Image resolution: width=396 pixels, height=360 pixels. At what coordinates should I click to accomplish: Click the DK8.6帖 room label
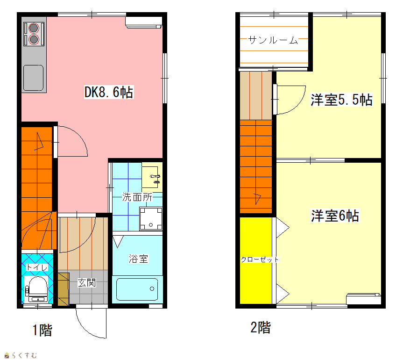(x=109, y=92)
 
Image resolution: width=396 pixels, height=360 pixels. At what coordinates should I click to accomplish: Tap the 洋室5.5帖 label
(x=341, y=100)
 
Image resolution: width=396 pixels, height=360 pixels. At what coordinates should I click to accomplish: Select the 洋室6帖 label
(x=335, y=216)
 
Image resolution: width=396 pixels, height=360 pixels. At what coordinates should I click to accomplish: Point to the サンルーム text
(x=273, y=40)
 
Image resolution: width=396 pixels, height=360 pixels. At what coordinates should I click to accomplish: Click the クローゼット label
(x=260, y=259)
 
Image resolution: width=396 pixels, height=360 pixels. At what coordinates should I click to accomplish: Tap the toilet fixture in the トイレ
(x=37, y=289)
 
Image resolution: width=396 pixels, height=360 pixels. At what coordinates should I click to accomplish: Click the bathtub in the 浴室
(x=137, y=289)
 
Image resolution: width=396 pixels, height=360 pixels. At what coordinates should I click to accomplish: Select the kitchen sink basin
(x=33, y=78)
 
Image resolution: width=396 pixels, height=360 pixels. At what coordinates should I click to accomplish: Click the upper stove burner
(x=34, y=28)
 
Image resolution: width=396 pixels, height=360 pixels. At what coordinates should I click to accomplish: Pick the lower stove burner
(x=34, y=39)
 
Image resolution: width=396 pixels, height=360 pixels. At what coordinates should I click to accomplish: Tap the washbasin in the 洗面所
(x=152, y=177)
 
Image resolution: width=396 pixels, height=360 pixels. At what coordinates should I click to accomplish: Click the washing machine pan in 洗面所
(x=151, y=219)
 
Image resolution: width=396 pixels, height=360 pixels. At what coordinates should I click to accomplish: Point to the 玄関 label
(x=87, y=282)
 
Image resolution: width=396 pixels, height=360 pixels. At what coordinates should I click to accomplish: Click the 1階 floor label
(x=42, y=330)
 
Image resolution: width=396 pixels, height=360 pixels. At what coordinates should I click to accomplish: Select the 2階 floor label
(x=261, y=327)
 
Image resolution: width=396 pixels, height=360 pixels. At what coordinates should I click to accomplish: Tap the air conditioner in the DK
(x=143, y=22)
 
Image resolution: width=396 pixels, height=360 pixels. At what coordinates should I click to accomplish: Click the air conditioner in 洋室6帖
(x=364, y=299)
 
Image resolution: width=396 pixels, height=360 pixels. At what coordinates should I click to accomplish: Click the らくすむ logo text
(x=21, y=355)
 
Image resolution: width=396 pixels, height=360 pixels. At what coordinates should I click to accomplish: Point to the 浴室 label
(x=138, y=259)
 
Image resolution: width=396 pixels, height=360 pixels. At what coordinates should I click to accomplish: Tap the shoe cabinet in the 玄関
(x=64, y=289)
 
